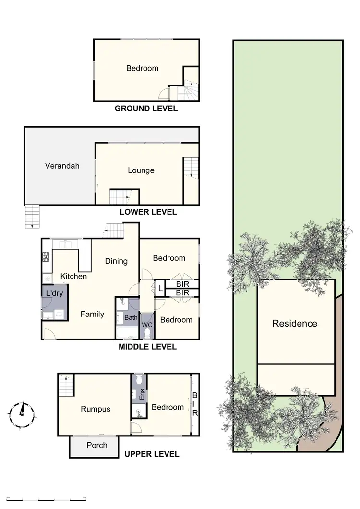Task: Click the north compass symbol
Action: click(x=22, y=412)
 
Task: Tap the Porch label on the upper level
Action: click(x=96, y=445)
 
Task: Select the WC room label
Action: click(x=147, y=325)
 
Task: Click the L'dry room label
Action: click(x=54, y=293)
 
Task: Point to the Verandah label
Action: click(x=62, y=166)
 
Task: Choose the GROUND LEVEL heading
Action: click(x=146, y=109)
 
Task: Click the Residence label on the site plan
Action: click(x=295, y=323)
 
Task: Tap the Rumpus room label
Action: click(x=96, y=409)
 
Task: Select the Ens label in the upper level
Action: click(x=142, y=397)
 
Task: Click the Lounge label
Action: click(x=141, y=170)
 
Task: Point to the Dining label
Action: click(x=116, y=261)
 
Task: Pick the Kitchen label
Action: click(x=73, y=276)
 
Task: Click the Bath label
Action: click(x=131, y=317)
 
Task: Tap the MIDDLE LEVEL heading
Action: click(x=147, y=346)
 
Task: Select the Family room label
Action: click(x=92, y=314)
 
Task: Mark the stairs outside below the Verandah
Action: click(x=32, y=216)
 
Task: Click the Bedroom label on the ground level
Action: click(x=142, y=68)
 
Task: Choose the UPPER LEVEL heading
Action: click(x=152, y=454)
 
